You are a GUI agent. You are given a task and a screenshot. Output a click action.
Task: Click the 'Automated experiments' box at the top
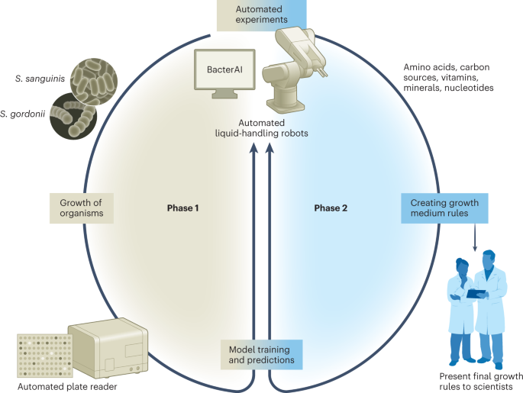click(x=261, y=15)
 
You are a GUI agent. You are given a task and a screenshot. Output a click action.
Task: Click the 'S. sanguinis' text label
click(x=40, y=78)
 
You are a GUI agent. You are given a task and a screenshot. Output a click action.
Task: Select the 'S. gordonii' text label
click(x=25, y=115)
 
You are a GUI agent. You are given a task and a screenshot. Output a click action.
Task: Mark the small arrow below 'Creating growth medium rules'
click(x=476, y=240)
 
